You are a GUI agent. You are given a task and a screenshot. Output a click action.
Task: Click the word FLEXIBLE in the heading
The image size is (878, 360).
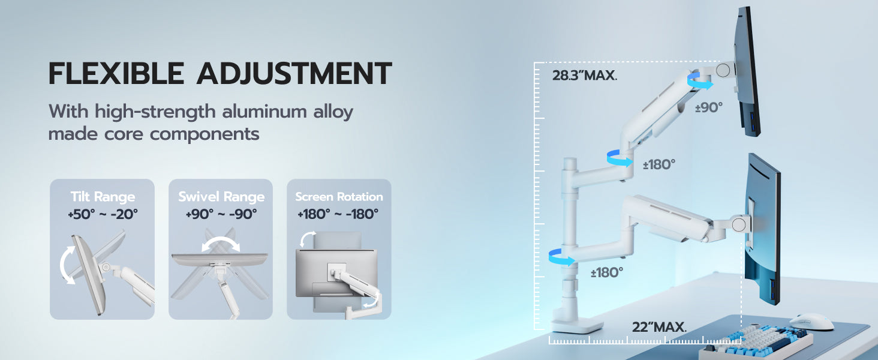(x=116, y=73)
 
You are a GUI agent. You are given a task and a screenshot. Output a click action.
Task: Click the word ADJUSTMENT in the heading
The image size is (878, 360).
(x=294, y=73)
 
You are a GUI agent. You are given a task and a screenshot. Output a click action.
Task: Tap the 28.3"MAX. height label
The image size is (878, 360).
(x=584, y=75)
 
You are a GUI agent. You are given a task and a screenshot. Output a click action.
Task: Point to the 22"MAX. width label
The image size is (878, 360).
(x=659, y=326)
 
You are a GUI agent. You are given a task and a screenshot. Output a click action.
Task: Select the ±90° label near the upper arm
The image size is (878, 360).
(x=709, y=107)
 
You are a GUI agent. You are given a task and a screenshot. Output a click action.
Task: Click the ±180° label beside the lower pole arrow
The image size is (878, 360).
(x=607, y=272)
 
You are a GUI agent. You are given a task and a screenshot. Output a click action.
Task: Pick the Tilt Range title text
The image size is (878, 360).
(x=103, y=196)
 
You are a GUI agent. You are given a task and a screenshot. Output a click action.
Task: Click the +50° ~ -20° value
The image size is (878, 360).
(x=103, y=214)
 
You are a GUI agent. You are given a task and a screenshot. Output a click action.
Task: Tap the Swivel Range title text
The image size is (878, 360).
(x=221, y=196)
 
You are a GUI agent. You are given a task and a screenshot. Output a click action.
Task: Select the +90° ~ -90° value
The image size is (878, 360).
(x=221, y=214)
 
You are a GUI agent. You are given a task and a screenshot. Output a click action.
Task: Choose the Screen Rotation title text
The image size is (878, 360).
(x=339, y=196)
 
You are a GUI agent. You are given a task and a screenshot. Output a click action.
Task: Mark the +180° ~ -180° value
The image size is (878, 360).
(x=338, y=214)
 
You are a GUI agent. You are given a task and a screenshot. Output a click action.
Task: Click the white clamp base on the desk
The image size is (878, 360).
(x=577, y=325)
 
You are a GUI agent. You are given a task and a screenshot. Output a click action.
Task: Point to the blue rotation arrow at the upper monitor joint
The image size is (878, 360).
(x=700, y=82)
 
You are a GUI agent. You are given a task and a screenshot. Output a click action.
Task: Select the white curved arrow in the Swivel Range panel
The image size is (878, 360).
(x=220, y=240)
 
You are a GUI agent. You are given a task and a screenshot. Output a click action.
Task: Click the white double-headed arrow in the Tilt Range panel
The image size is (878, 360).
(x=63, y=265)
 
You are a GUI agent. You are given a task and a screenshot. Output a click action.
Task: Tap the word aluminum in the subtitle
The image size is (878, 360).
(x=264, y=112)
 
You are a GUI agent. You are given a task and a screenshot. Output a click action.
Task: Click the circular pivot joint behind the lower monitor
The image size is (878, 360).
(x=739, y=224)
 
